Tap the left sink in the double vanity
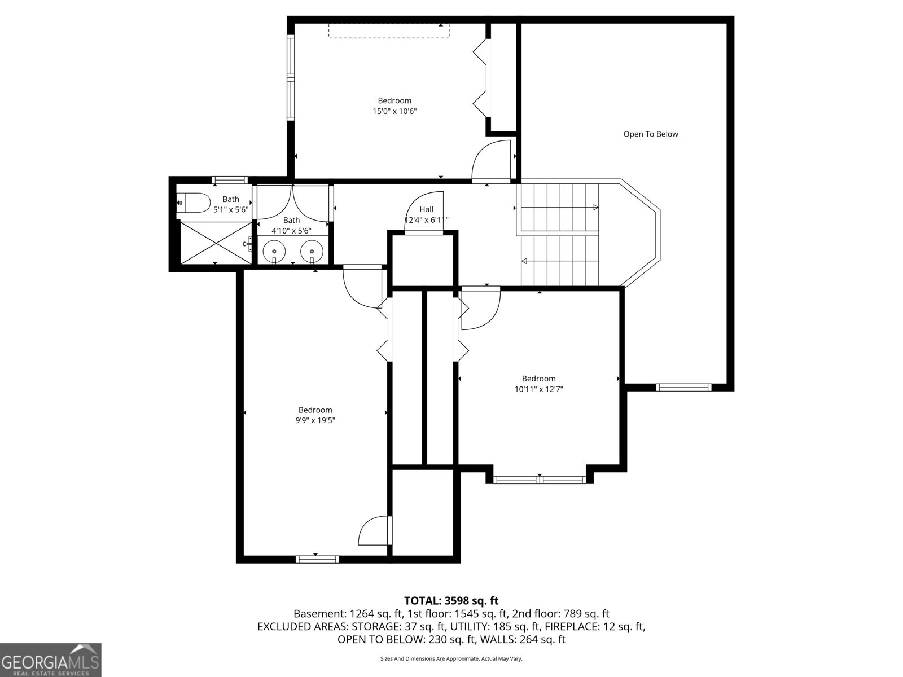pos(274,250)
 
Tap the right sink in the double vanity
pos(312,250)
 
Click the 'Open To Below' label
pos(650,134)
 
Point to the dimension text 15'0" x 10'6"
pos(394,112)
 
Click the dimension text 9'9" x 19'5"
pos(315,420)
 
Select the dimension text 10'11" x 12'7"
pos(538,389)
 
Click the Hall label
pos(426,209)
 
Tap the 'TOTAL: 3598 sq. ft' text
pos(451,601)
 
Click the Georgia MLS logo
pos(51,659)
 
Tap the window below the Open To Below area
pos(683,387)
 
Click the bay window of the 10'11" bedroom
pos(538,480)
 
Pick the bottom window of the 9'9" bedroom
pos(317,559)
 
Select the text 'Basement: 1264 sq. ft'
pos(347,614)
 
